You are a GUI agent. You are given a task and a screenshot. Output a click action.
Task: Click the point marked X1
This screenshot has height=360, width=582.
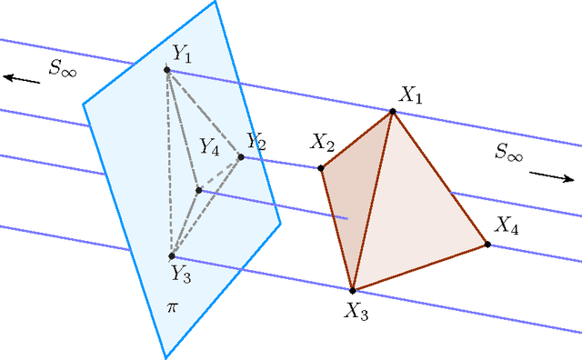pyautogui.click(x=393, y=112)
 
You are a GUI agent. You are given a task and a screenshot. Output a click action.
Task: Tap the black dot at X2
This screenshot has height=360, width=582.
pyautogui.click(x=321, y=168)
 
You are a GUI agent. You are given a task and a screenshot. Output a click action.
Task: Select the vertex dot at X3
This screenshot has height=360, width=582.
pyautogui.click(x=352, y=290)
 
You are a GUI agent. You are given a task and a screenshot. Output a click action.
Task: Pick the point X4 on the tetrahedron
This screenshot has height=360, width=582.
pyautogui.click(x=487, y=245)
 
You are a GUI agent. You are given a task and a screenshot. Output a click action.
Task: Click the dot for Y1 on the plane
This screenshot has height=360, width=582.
pyautogui.click(x=167, y=69)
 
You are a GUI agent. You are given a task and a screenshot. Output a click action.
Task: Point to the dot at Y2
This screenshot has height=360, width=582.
pyautogui.click(x=241, y=157)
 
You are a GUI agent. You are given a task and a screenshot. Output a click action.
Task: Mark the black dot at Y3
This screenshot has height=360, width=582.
pyautogui.click(x=172, y=256)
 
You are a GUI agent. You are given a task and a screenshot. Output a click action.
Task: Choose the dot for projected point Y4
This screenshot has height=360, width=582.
pyautogui.click(x=198, y=190)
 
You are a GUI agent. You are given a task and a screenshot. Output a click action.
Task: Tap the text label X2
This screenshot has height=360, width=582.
pyautogui.click(x=323, y=143)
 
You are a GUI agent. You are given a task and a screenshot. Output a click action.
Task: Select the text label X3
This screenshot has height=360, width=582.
pyautogui.click(x=356, y=311)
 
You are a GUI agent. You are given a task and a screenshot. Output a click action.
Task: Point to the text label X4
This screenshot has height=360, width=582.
pyautogui.click(x=507, y=226)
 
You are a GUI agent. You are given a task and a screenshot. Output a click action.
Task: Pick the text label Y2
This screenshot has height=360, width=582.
pyautogui.click(x=256, y=143)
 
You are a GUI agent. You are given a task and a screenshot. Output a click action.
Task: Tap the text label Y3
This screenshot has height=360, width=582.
pyautogui.click(x=181, y=273)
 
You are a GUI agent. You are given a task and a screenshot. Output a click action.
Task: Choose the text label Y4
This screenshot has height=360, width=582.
pyautogui.click(x=210, y=146)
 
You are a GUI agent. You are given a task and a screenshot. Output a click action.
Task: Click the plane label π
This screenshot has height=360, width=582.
pyautogui.click(x=173, y=307)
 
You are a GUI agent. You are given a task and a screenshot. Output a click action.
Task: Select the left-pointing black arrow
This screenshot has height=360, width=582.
pyautogui.click(x=22, y=80)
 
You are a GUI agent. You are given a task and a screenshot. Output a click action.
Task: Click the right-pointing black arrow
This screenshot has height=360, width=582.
pyautogui.click(x=552, y=175)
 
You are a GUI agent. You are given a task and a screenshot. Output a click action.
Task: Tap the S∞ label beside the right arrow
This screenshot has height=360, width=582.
pyautogui.click(x=509, y=152)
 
